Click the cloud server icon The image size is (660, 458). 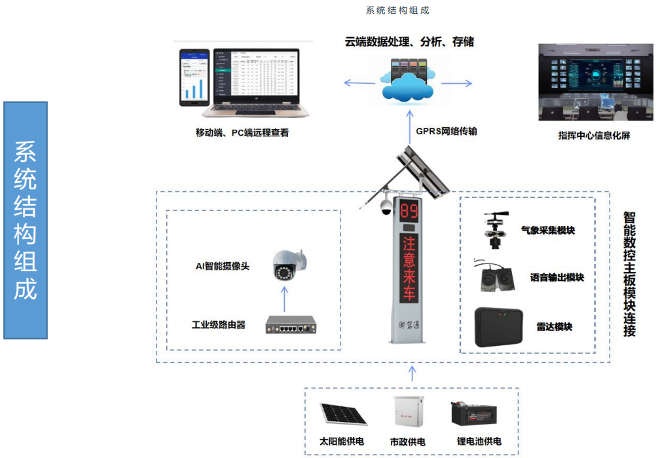(x=408, y=82)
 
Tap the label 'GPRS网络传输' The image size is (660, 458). (x=446, y=131)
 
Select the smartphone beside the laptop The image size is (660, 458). (x=194, y=77)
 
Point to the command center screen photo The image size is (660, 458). (x=595, y=82)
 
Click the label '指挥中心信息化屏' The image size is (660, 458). (x=593, y=136)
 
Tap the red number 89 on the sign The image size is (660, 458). (x=409, y=212)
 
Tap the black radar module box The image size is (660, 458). (x=498, y=326)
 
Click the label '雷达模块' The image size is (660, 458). (x=554, y=326)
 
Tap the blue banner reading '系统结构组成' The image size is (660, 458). (x=26, y=220)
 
